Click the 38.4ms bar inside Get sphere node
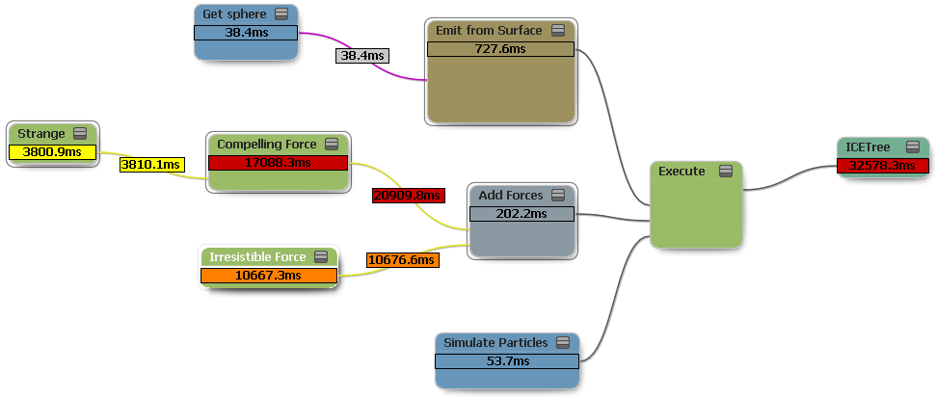click(246, 33)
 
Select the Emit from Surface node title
click(489, 31)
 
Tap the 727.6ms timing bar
click(500, 49)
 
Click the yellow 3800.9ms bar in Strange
click(53, 151)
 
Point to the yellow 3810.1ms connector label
click(150, 165)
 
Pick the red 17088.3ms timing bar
click(278, 162)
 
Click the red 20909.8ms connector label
click(408, 196)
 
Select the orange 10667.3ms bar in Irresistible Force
click(269, 276)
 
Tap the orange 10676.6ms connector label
click(402, 260)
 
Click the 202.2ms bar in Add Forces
click(521, 214)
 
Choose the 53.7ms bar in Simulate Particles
click(507, 360)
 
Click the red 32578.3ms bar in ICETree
click(882, 165)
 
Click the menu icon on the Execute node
click(725, 172)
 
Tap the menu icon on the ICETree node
click(912, 147)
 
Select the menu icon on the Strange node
click(80, 134)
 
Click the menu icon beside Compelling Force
click(332, 145)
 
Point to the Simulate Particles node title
click(495, 343)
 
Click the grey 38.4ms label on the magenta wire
click(361, 56)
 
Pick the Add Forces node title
click(511, 196)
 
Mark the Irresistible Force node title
click(257, 257)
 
